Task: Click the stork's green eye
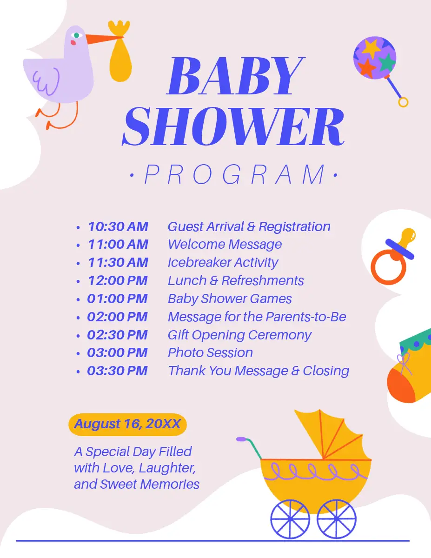(76, 35)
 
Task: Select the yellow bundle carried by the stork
(120, 51)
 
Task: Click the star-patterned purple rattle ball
(375, 58)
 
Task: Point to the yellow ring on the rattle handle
(403, 102)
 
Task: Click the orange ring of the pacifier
(388, 267)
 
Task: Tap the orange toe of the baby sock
(400, 388)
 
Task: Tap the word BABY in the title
(236, 76)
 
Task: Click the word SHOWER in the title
(233, 126)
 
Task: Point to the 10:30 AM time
(118, 226)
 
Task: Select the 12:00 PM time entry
(118, 280)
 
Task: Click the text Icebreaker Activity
(223, 262)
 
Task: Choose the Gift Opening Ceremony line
(239, 335)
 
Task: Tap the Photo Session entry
(210, 352)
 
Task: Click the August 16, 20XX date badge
(127, 425)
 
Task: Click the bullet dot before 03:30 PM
(78, 372)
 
